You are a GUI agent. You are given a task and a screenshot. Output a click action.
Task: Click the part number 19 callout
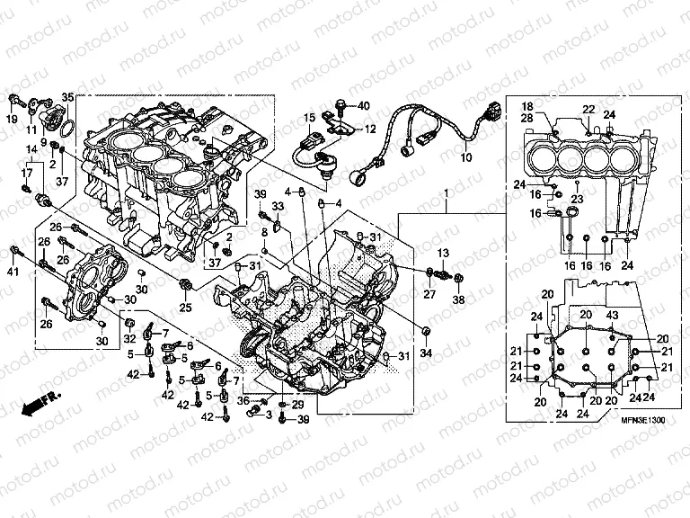point(13,120)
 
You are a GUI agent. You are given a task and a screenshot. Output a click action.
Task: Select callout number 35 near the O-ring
point(67,97)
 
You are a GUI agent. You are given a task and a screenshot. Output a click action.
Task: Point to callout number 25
point(185,308)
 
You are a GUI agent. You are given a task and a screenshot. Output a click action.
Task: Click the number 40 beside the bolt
point(363,106)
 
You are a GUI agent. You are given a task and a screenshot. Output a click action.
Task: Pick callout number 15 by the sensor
point(307,118)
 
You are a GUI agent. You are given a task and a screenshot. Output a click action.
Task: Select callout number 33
point(277,207)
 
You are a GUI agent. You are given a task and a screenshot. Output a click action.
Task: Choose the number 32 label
point(129,339)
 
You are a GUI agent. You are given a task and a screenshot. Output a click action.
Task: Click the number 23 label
point(576,200)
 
